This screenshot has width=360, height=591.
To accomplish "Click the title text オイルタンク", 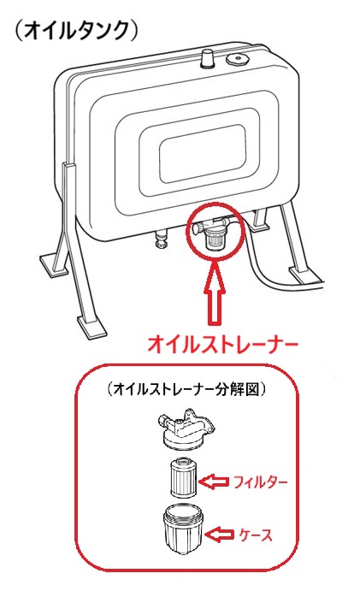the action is tap(76, 31).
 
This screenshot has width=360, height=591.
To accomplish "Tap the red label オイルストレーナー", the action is tap(222, 344).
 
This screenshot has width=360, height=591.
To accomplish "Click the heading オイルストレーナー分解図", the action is tap(186, 389).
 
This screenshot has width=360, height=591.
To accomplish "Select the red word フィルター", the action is tap(261, 482).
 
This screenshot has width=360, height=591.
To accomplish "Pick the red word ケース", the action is tap(255, 535).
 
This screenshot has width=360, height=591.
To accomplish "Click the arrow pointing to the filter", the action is tap(214, 482).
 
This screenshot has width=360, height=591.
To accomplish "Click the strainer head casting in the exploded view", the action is tap(185, 429).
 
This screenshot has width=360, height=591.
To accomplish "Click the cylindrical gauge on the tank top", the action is tap(207, 60).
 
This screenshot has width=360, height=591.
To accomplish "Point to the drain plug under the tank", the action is tap(162, 239).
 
